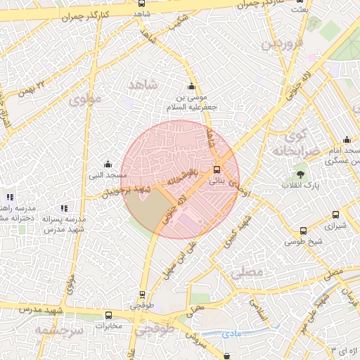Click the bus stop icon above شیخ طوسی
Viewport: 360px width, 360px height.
pos(303,231)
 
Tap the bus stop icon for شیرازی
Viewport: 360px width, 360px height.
pos(335,215)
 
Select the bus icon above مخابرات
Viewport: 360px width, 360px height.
pos(108,316)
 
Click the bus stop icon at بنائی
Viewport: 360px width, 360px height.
pos(217,169)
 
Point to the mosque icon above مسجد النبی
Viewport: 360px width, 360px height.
pos(107,164)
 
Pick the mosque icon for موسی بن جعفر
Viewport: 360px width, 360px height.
pos(191,86)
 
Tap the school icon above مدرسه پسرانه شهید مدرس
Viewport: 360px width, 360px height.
pos(64,208)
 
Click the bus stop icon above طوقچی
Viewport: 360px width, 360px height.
pos(143,295)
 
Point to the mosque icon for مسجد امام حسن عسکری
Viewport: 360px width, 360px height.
pos(346,140)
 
